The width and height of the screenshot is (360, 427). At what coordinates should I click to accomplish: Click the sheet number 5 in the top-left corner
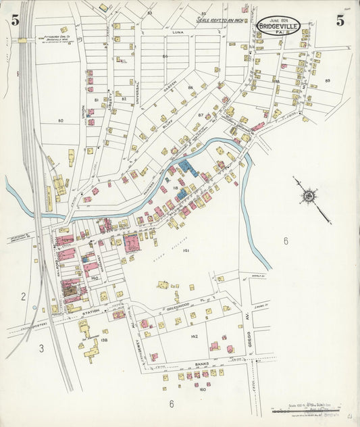point(15,20)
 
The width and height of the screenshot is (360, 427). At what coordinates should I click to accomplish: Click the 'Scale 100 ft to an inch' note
point(223,19)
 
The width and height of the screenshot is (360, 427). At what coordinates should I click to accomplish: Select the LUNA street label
point(178,32)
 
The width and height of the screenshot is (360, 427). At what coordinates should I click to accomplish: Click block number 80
point(60,121)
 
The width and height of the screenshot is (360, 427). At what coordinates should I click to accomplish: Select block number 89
point(328,80)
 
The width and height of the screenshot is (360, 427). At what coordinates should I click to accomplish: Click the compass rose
point(309,196)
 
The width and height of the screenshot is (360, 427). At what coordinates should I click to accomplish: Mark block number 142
point(194,336)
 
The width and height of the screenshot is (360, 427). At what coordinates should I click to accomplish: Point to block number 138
point(104,340)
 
